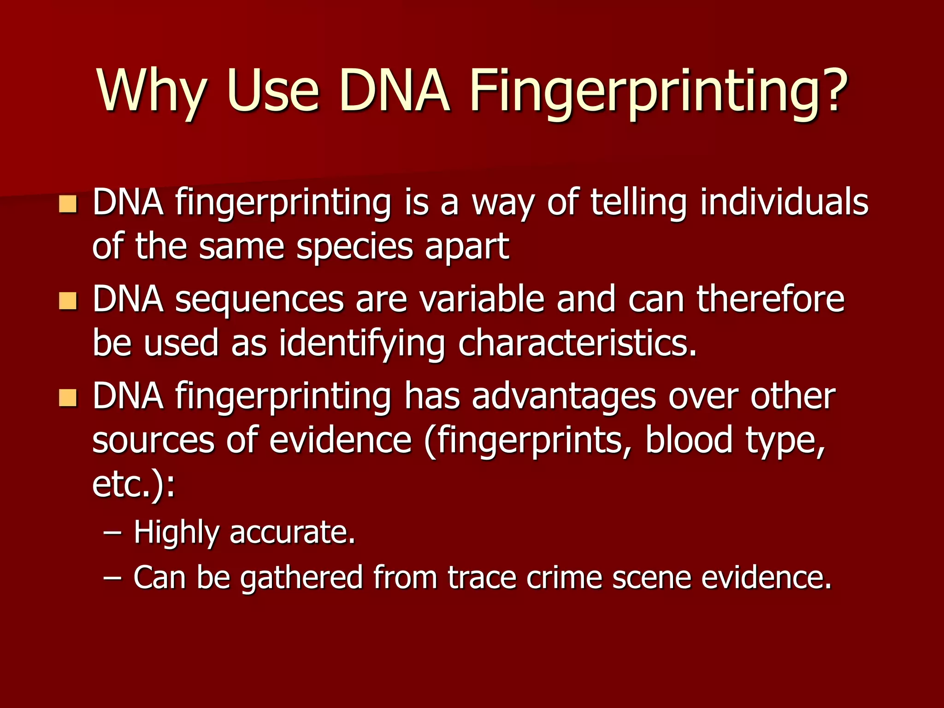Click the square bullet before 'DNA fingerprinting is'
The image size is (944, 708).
point(68,204)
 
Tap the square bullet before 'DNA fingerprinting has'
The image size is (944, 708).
point(68,397)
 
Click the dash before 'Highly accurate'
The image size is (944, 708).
point(113,533)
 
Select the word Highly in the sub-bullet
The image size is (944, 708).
point(176,533)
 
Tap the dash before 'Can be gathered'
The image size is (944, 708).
point(113,578)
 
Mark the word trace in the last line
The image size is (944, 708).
point(482,577)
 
